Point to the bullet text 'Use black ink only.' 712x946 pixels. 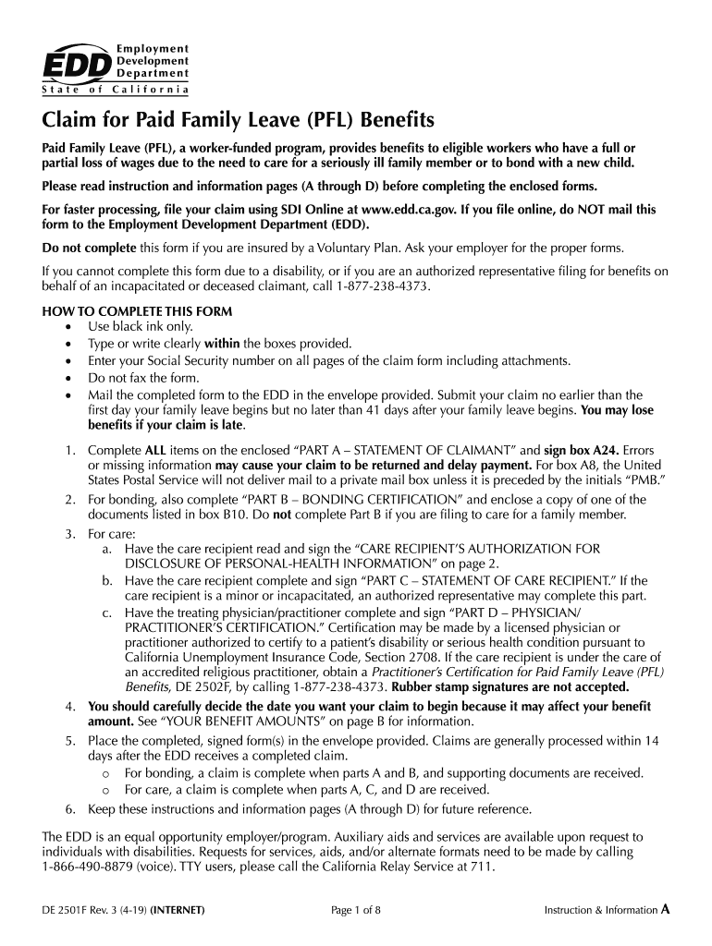141,327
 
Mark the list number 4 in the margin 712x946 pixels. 70,706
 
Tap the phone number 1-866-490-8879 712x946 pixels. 88,867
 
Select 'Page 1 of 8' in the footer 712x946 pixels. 356,910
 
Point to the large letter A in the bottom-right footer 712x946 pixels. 664,909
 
